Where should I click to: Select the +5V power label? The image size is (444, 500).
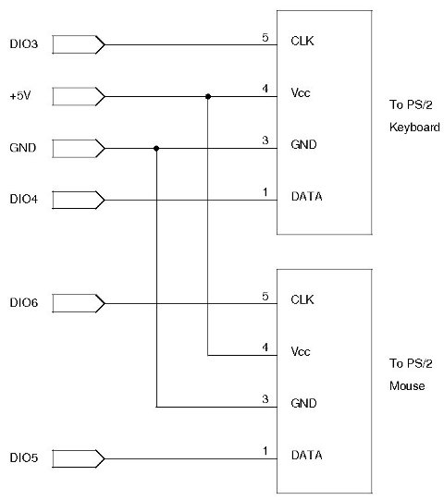tap(18, 95)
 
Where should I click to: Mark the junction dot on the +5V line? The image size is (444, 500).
tap(208, 95)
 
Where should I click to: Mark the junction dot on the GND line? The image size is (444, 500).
tap(157, 147)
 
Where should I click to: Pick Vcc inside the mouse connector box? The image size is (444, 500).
tap(300, 352)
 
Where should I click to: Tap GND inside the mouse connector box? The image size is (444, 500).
tap(302, 404)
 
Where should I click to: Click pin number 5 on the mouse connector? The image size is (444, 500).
tap(265, 296)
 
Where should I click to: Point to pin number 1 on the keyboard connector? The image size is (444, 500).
tap(265, 192)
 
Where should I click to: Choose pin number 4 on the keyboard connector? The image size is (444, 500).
tap(265, 89)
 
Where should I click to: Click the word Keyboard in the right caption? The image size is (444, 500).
tap(413, 128)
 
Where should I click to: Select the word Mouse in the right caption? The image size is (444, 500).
tap(407, 385)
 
